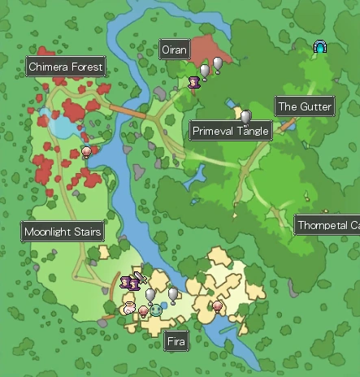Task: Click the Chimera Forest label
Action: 67,67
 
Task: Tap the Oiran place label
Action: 175,50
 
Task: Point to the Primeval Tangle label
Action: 230,132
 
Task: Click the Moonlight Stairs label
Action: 63,232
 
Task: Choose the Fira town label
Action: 176,342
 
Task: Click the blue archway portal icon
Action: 320,47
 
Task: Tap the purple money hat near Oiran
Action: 194,82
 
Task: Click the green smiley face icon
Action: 156,310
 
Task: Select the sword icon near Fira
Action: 141,278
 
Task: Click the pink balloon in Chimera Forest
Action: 87,151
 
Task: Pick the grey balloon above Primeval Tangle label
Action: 245,117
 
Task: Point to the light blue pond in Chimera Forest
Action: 60,127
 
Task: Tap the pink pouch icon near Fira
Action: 128,309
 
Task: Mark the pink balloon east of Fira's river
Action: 218,306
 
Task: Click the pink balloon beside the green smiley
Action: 144,310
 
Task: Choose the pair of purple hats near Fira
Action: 128,283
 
